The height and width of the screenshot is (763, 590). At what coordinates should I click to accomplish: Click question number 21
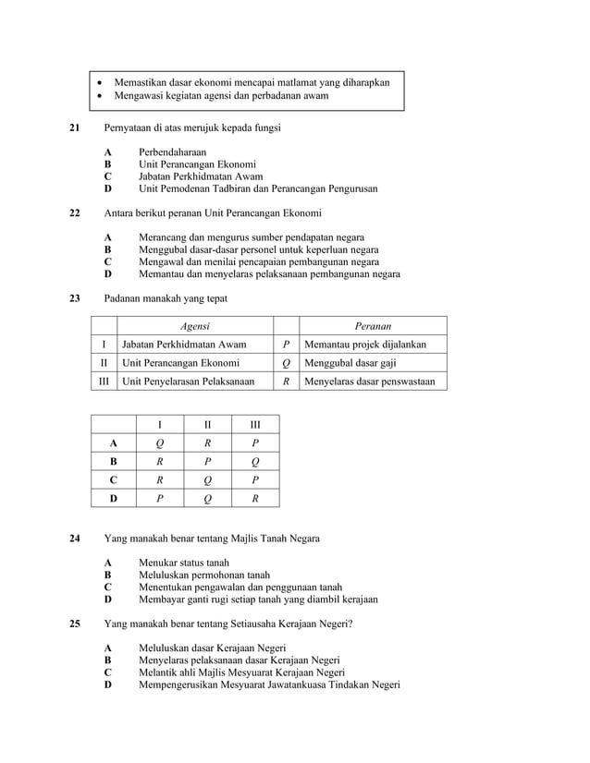(x=76, y=127)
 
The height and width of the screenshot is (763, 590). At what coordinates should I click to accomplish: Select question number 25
(x=76, y=624)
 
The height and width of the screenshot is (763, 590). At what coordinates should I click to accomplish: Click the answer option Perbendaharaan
(x=172, y=151)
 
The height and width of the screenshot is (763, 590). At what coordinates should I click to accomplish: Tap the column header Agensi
(x=194, y=326)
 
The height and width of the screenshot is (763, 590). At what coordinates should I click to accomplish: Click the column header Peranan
(x=373, y=326)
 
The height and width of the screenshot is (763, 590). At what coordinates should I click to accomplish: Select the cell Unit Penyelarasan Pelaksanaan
(x=189, y=381)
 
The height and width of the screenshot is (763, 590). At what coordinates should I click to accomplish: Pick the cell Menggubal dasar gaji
(x=350, y=363)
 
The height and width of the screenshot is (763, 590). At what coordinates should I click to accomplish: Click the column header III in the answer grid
(x=255, y=425)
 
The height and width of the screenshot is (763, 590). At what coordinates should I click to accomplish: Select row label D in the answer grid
(x=113, y=499)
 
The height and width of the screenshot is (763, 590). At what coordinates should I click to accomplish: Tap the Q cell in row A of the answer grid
(x=160, y=443)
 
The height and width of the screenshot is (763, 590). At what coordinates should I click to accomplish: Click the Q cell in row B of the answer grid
(x=255, y=462)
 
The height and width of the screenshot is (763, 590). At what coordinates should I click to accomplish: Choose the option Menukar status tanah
(x=184, y=563)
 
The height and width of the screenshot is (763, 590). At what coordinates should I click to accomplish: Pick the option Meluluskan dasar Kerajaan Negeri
(x=212, y=648)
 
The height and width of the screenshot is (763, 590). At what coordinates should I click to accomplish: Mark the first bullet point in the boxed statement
(x=101, y=82)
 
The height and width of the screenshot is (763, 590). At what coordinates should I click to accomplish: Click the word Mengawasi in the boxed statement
(x=139, y=95)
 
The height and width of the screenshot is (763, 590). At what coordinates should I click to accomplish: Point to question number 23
(x=76, y=298)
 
